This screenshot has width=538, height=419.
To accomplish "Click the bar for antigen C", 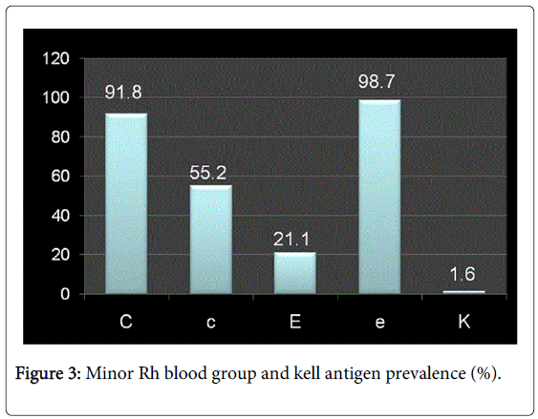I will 126,203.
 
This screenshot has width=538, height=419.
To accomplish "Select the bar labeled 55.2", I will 209,239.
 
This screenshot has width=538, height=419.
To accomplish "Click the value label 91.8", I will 126,94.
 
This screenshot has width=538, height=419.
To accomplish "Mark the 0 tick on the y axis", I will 66,294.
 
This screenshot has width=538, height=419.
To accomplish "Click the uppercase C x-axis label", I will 126,322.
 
